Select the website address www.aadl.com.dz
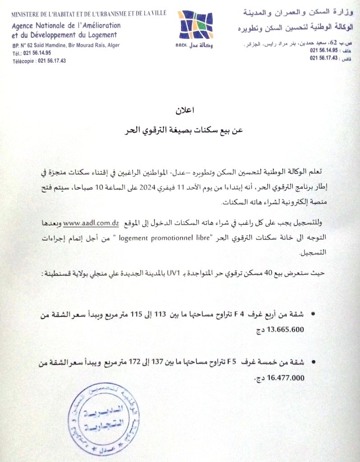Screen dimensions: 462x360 [x=91, y=223]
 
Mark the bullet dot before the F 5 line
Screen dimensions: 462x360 [x=314, y=362]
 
